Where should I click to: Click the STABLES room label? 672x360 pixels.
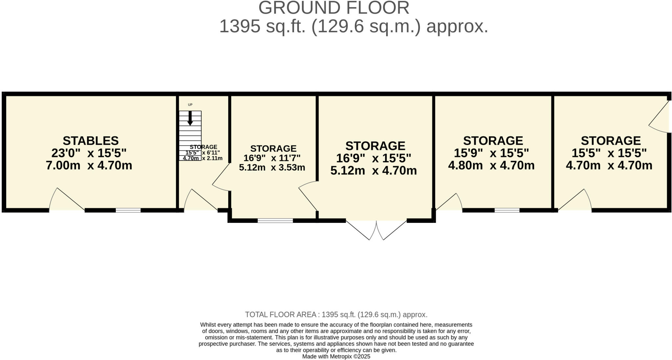coord(91,141)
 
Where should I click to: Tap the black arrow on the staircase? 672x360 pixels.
coord(190,118)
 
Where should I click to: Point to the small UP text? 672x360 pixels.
coord(190,105)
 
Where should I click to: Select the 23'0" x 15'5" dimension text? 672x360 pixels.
coord(89,153)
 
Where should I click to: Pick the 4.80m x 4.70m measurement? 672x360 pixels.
coord(491,165)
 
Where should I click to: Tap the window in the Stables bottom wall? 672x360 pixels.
coord(128,210)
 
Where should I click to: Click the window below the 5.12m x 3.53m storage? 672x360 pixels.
coord(275,221)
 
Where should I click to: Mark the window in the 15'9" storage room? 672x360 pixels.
coord(507,210)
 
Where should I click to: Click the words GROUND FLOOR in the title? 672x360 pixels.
coord(334,8)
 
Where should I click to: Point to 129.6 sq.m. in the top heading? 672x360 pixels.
coord(366,26)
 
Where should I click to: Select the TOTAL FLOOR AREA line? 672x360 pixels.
coord(336,315)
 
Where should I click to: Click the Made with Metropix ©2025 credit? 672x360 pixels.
coord(336,356)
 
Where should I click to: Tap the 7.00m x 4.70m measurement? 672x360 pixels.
coord(89,165)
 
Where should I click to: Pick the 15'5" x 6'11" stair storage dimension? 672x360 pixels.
coord(203,153)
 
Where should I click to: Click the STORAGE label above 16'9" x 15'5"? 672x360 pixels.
coord(375,146)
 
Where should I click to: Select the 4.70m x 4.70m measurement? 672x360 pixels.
coord(609,165)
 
